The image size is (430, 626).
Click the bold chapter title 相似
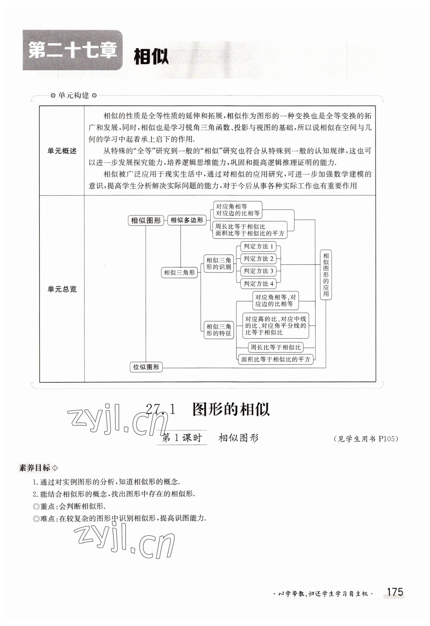(151, 57)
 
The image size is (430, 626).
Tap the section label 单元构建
(73, 95)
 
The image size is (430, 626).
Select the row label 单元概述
(62, 151)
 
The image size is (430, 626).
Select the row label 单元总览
(62, 289)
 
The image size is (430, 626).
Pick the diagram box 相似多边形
(187, 220)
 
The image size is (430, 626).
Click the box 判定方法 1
(258, 246)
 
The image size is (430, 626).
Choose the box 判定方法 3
(258, 271)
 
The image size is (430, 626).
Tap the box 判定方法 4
(258, 284)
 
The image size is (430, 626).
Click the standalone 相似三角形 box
(179, 272)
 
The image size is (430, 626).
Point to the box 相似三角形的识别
(219, 264)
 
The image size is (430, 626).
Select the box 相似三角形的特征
(219, 330)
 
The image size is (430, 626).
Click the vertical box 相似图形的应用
(326, 275)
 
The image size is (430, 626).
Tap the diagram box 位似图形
(146, 367)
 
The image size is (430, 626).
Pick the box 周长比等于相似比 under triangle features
(276, 347)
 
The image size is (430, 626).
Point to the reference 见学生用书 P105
(366, 439)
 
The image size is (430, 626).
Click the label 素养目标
(35, 468)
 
